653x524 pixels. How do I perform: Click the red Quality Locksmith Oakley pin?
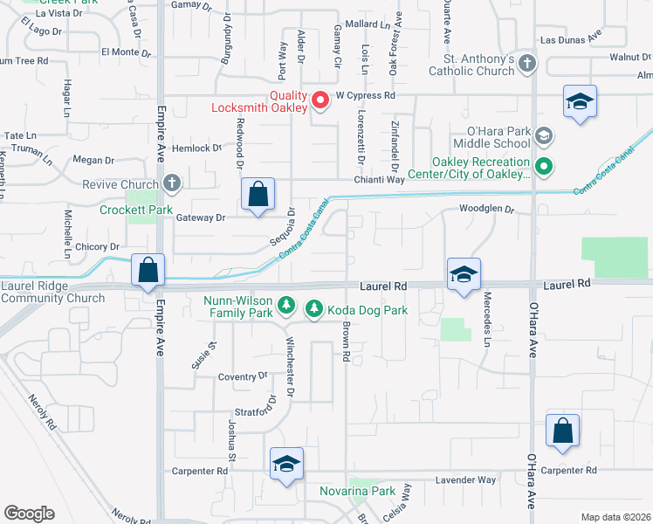point(320,100)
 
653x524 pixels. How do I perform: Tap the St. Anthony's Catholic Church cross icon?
point(527,63)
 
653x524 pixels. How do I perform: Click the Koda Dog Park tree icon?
point(313,309)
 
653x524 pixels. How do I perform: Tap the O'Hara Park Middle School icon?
point(544,135)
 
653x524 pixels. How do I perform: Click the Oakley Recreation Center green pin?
point(544,165)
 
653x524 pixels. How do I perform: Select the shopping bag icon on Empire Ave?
point(148,271)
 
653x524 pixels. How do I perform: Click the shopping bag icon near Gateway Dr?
point(258,196)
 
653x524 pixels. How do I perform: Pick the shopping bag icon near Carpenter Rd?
point(563,431)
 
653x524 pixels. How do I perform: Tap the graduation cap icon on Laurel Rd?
point(464,276)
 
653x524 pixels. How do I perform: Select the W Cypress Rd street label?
point(366,94)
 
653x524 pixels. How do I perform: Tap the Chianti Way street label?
point(379,180)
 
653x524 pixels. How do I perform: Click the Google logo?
point(29,514)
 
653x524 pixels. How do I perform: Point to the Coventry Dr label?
point(242,376)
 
